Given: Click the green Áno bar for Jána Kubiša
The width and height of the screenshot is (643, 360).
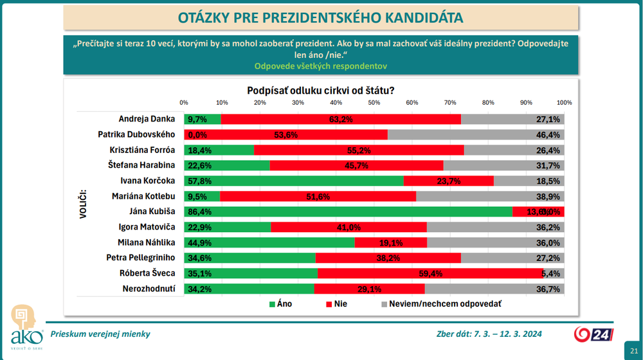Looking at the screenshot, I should [x=347, y=211].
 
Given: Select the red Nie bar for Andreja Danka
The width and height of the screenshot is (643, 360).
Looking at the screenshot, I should [x=341, y=119].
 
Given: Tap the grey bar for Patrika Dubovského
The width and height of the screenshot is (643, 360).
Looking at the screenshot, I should [x=476, y=134].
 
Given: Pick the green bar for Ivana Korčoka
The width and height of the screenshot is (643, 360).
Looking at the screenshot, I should [x=293, y=181].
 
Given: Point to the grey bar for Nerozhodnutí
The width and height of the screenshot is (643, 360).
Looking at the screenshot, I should [x=495, y=288].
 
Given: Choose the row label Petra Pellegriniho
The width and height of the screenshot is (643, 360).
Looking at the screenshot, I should [x=141, y=257].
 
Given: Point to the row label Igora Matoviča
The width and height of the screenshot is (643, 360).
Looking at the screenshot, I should [x=145, y=226].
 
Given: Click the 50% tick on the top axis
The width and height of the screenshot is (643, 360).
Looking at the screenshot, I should [x=374, y=103].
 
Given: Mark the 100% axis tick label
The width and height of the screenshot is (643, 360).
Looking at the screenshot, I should [x=564, y=103].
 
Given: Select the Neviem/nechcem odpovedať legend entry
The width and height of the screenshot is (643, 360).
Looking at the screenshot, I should [x=440, y=303].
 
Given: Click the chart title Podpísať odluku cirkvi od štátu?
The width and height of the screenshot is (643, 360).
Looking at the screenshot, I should [x=321, y=91].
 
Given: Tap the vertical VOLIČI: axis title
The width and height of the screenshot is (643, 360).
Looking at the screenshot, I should [x=83, y=203].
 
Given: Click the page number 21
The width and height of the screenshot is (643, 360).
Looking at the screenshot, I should [x=633, y=349].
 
